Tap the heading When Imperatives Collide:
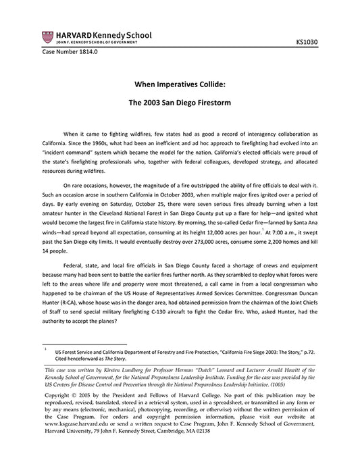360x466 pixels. [180, 86]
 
